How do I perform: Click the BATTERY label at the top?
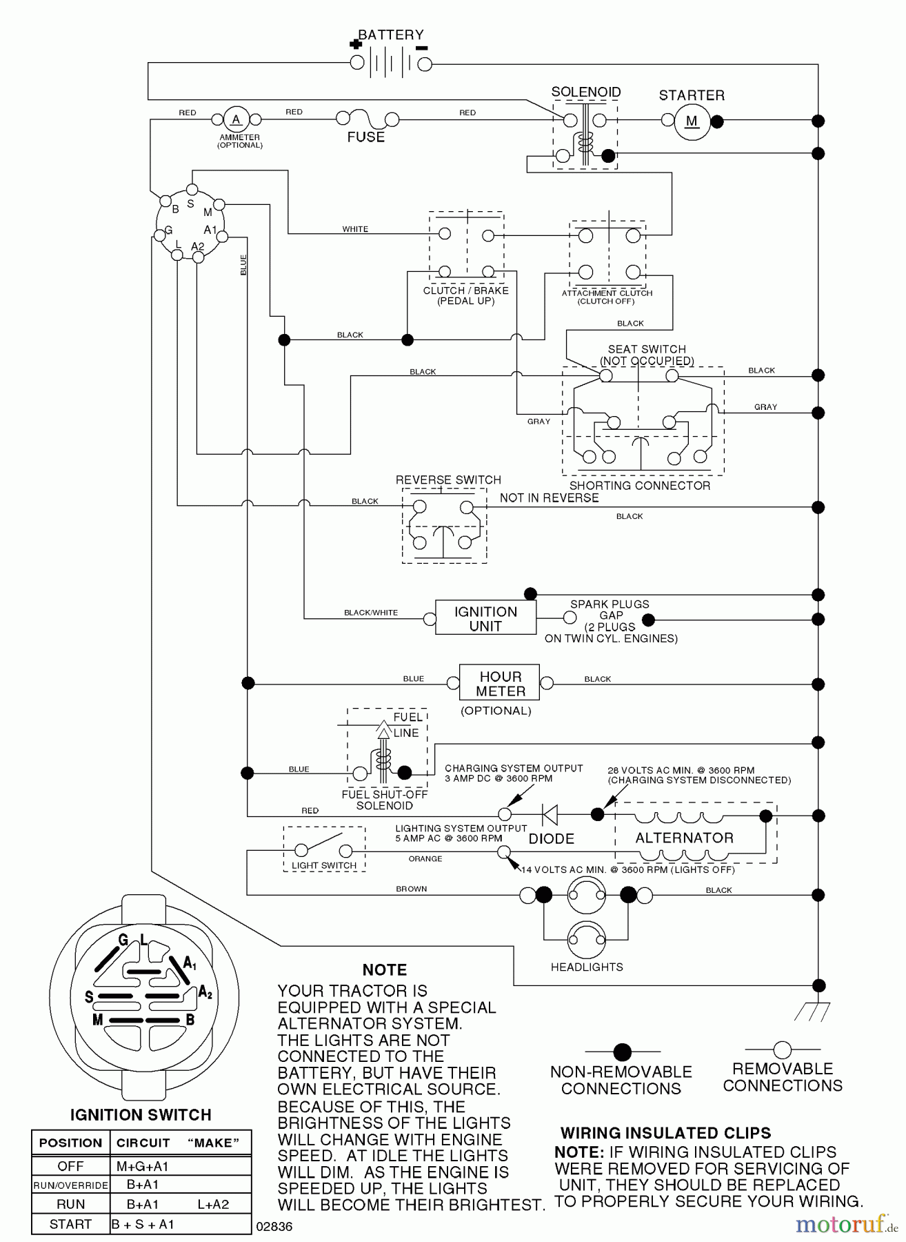click(x=390, y=34)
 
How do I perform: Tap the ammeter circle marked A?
click(x=236, y=119)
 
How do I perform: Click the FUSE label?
click(x=365, y=137)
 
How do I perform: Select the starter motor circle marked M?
click(x=692, y=122)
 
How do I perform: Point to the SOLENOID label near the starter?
click(x=585, y=92)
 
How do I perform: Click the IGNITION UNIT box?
click(x=485, y=618)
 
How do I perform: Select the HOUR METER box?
click(x=500, y=684)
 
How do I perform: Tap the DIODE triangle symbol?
click(x=550, y=815)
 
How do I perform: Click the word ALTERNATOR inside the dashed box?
click(x=684, y=838)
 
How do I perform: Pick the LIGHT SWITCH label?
click(x=323, y=865)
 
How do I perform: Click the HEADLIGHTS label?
click(x=586, y=967)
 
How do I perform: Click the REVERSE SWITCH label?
click(x=448, y=480)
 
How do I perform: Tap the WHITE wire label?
click(x=355, y=229)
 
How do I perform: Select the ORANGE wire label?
click(x=425, y=859)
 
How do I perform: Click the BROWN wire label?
click(x=411, y=889)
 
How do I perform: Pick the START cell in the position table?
click(x=70, y=1224)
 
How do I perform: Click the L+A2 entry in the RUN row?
click(x=212, y=1204)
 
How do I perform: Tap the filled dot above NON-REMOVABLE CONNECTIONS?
click(x=622, y=1052)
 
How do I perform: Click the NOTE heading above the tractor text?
click(x=384, y=970)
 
